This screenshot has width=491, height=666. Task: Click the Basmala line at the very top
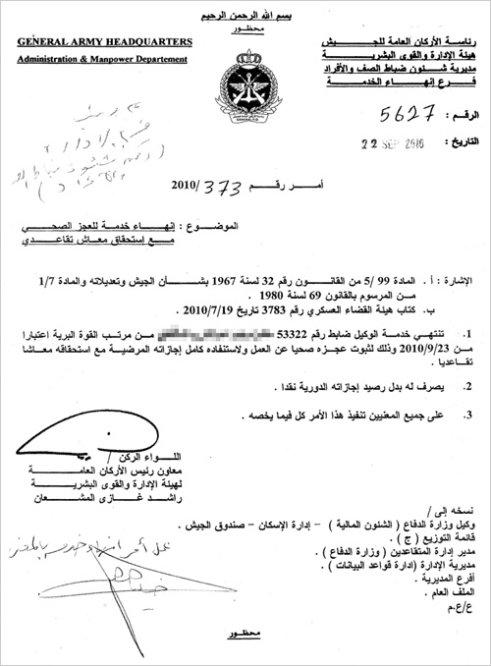click(x=245, y=7)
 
